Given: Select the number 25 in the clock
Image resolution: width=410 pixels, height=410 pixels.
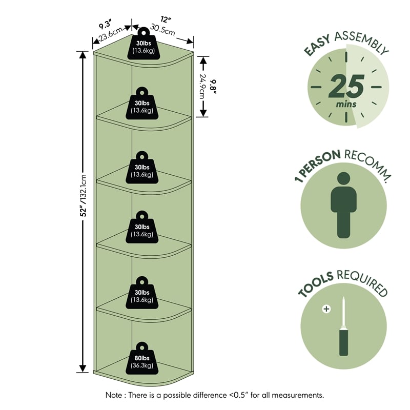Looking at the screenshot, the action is tap(346, 86).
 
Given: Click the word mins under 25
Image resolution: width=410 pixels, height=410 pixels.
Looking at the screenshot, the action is tap(346, 105).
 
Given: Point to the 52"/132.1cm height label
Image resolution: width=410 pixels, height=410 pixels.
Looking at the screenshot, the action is tap(84, 196).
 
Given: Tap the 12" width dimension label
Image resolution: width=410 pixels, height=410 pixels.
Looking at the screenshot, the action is tap(166, 19).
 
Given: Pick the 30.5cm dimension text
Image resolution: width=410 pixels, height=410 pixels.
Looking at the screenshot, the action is tap(162, 30).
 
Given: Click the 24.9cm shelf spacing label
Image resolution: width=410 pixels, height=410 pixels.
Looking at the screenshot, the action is tap(202, 87).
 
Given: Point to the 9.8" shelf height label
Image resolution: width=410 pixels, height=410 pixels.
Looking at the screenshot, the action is tap(214, 87).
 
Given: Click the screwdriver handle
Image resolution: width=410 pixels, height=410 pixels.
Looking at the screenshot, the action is tap(343, 342).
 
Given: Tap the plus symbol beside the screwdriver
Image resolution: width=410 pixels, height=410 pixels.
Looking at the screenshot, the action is tap(326, 309).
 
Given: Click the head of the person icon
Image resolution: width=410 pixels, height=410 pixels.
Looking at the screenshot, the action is tap(343, 178).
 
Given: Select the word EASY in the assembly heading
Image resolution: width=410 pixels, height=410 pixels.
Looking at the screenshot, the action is tap(317, 45).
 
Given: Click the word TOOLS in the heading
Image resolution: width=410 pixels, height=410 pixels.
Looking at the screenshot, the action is tap(316, 285).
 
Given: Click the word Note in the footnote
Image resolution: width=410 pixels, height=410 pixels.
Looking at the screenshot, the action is tap(113, 395).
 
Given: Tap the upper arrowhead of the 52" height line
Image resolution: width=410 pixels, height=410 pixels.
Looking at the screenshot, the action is tap(83, 54).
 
